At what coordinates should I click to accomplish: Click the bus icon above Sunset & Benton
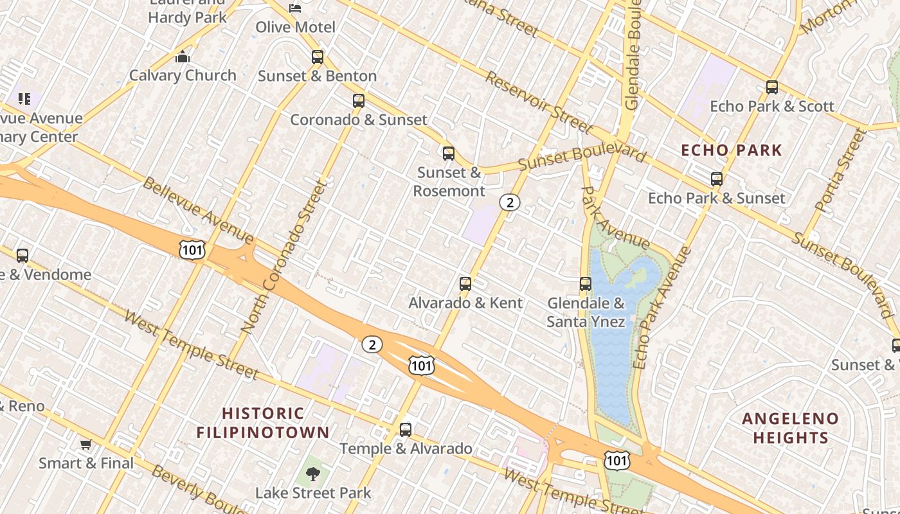click(318, 57)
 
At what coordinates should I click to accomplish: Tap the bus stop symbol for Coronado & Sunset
click(359, 101)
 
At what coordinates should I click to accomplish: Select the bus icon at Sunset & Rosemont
click(449, 154)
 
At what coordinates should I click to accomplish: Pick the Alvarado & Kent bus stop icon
click(465, 284)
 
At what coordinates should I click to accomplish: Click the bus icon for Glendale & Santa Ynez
click(586, 284)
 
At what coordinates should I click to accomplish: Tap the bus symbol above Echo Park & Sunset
click(717, 180)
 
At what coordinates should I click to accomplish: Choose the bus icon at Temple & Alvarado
click(406, 430)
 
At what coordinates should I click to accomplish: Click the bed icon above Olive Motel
click(295, 8)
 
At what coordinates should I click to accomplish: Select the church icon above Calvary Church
click(183, 57)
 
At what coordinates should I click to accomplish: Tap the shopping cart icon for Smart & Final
click(86, 444)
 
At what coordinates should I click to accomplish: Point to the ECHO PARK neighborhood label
click(732, 151)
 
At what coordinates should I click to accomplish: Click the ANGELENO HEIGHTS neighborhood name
click(790, 429)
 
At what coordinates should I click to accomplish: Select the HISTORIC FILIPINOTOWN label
click(263, 423)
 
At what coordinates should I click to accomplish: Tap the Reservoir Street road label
click(538, 101)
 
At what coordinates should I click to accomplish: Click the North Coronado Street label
click(285, 257)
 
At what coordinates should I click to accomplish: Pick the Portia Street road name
click(840, 171)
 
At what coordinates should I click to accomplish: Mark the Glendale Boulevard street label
click(633, 55)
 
